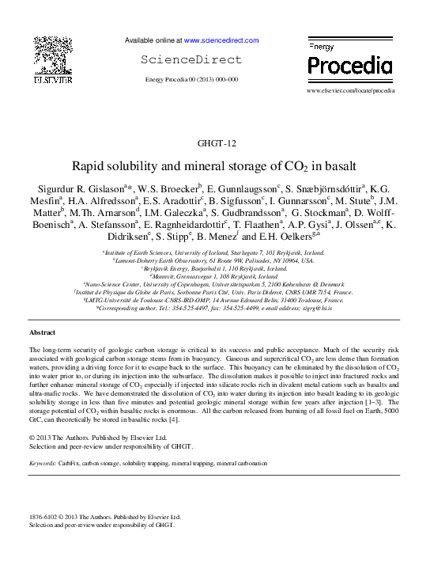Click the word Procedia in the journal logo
click(x=349, y=66)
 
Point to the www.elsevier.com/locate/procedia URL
click(x=350, y=91)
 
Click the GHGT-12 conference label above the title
click(x=214, y=143)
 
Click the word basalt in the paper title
click(x=341, y=167)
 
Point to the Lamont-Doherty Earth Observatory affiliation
click(x=214, y=260)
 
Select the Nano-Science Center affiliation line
click(x=214, y=283)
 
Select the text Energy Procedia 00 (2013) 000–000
click(x=192, y=80)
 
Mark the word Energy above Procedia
click(x=320, y=47)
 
